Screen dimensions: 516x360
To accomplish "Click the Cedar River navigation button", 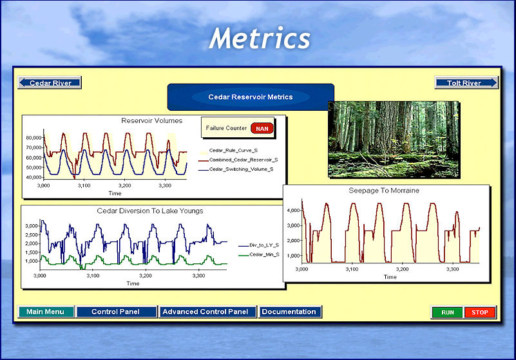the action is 50,82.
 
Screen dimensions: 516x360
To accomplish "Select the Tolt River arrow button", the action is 466,82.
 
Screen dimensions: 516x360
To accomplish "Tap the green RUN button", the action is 447,312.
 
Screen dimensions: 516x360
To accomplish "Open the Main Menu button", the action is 45,312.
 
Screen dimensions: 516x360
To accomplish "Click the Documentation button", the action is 290,312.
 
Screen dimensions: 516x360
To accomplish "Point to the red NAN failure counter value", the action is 262,128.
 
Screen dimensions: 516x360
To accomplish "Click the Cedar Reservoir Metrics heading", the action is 251,97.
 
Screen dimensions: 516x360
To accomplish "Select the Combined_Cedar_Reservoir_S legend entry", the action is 244,160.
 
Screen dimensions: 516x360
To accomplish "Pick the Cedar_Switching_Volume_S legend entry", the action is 241,169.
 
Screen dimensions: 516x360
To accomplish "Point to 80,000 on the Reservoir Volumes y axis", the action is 34,138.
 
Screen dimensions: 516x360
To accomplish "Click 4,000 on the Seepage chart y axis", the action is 294,211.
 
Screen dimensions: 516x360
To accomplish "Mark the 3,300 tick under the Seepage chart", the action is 452,269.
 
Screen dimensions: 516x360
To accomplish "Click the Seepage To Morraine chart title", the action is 384,191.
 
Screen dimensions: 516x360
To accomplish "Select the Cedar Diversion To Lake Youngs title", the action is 149,211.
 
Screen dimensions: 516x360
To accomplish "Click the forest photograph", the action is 394,140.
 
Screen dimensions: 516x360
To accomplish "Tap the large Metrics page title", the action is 260,38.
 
